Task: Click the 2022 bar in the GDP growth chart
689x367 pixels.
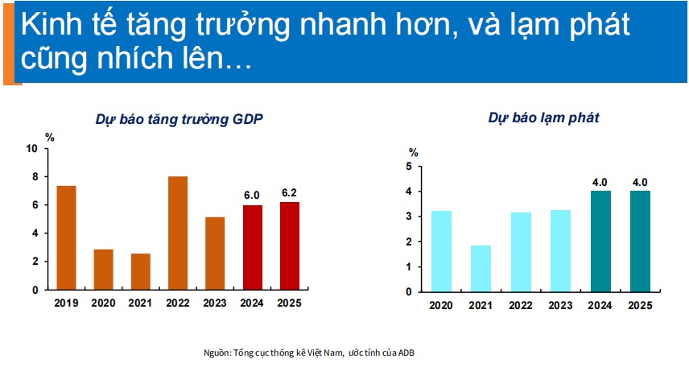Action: click(178, 233)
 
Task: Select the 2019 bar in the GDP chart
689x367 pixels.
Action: click(66, 237)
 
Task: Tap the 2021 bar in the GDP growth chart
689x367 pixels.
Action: click(141, 271)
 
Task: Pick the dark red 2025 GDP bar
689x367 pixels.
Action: click(290, 245)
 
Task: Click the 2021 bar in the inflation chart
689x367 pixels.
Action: click(481, 269)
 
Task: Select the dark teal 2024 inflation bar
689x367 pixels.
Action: click(600, 241)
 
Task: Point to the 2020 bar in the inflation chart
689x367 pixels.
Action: click(441, 251)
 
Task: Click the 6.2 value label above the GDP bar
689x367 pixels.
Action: click(289, 193)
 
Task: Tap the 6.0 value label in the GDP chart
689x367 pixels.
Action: click(252, 196)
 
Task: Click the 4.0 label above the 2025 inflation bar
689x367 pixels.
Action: click(640, 183)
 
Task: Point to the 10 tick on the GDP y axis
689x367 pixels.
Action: click(31, 149)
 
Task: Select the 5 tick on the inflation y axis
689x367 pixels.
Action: click(409, 167)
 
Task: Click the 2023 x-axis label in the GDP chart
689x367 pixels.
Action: click(215, 303)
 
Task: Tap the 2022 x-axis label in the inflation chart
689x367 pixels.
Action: click(521, 306)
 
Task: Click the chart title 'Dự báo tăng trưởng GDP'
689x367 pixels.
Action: click(179, 120)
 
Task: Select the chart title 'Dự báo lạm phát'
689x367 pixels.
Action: click(544, 118)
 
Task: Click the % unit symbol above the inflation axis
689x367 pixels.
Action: click(414, 153)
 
